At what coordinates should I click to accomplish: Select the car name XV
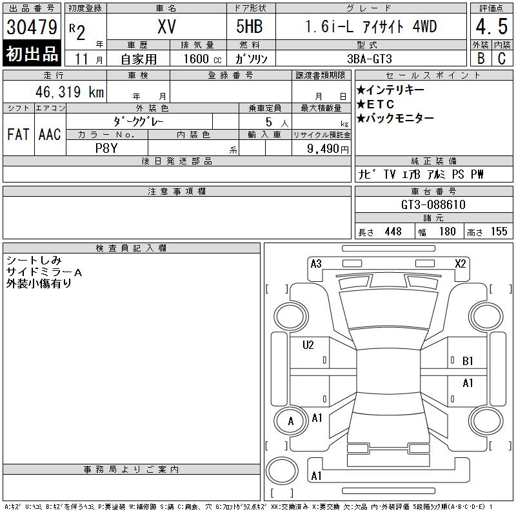coord(166,27)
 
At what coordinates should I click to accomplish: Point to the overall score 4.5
coord(491,28)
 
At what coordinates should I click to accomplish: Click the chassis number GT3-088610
coord(433,204)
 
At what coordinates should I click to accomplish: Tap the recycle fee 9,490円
coord(328,148)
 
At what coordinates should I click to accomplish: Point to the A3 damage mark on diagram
coord(316,263)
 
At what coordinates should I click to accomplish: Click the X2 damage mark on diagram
coord(461,263)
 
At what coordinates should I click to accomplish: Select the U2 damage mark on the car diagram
coord(308,345)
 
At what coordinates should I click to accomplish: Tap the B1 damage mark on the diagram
coord(468,361)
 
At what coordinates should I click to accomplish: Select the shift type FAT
coord(17,135)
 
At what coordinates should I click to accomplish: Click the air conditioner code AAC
coord(50,135)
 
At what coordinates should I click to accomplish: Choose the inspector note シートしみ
coord(34,261)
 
